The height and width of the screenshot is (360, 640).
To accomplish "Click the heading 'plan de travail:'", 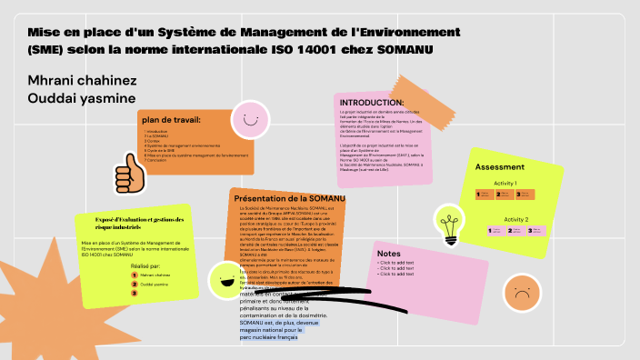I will point(171,120).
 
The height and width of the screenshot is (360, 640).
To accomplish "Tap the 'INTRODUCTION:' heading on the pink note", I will point(370,103).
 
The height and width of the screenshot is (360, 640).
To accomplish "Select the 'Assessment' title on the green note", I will point(500,167).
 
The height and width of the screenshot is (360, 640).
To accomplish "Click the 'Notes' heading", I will point(388,254).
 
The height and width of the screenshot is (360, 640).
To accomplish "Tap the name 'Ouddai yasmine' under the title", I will point(82,98).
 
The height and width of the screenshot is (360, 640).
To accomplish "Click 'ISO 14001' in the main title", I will point(330,48).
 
